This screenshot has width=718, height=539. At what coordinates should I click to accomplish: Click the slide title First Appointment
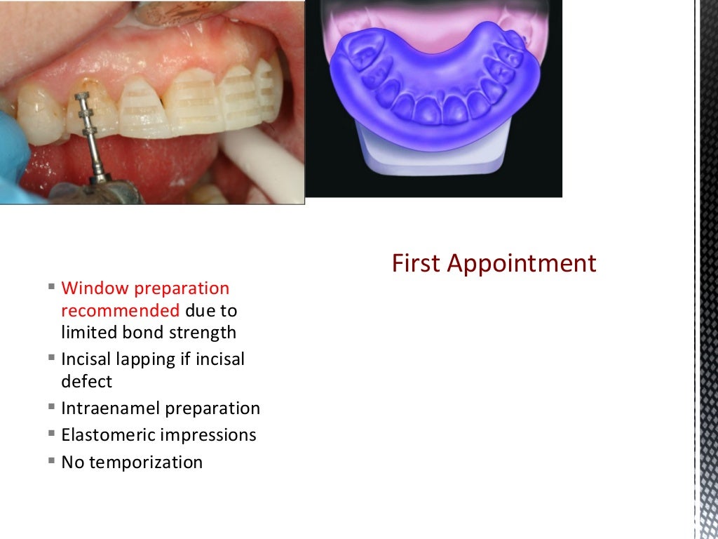(494, 263)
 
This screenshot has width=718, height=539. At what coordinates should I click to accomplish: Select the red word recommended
(120, 310)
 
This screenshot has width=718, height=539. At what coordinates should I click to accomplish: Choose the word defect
(86, 382)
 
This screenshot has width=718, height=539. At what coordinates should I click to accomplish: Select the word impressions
(208, 435)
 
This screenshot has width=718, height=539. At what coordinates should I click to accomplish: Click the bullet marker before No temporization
(52, 461)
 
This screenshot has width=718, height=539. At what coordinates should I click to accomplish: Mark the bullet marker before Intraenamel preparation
(52, 406)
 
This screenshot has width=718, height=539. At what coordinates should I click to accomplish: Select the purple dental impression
(435, 84)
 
